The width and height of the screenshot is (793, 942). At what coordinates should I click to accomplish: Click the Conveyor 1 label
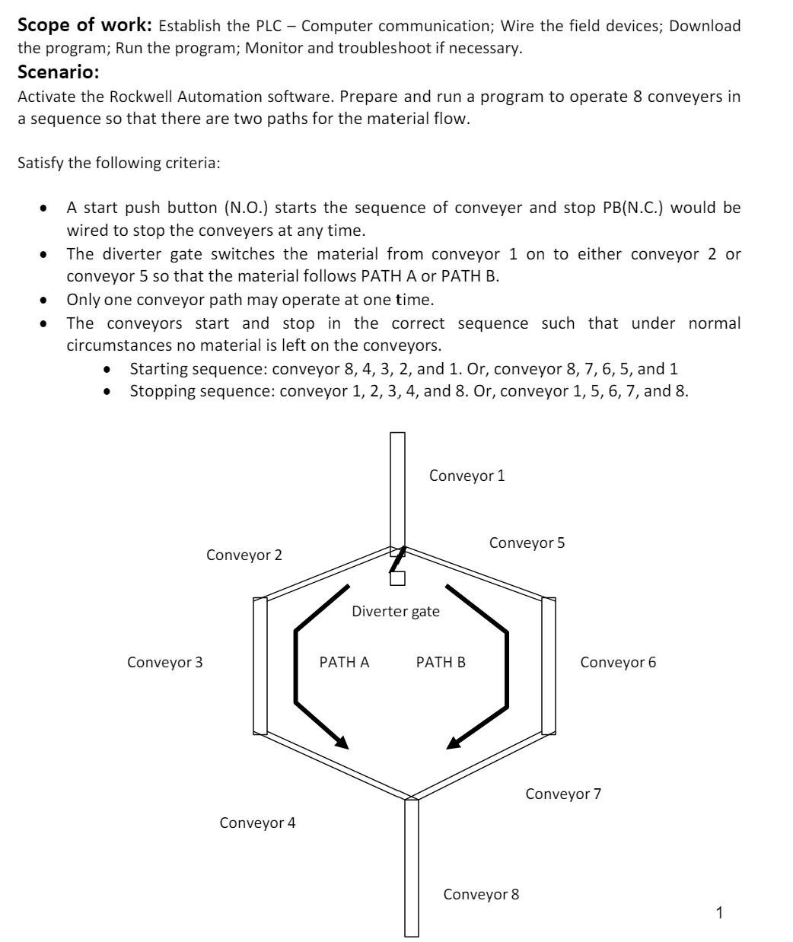coord(467,476)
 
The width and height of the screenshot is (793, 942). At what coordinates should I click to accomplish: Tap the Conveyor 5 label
coord(527,543)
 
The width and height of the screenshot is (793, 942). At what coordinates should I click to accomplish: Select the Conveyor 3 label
coord(164,662)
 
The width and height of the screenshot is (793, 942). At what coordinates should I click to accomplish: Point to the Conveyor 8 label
coord(481,894)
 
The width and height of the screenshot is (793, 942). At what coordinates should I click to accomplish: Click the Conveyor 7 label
coord(563,794)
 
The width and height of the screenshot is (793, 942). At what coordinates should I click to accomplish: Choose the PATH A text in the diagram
coord(344,662)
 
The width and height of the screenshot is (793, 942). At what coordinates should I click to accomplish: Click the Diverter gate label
coord(395,611)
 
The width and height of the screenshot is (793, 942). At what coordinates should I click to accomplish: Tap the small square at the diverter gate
coord(396,579)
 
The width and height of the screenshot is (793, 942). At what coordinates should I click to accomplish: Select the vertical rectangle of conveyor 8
coord(412,867)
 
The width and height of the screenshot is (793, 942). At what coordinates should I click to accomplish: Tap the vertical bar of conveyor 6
coord(548,667)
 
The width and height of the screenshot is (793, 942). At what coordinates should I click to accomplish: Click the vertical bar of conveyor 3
coord(260,667)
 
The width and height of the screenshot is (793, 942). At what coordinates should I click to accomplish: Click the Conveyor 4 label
coord(257,823)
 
